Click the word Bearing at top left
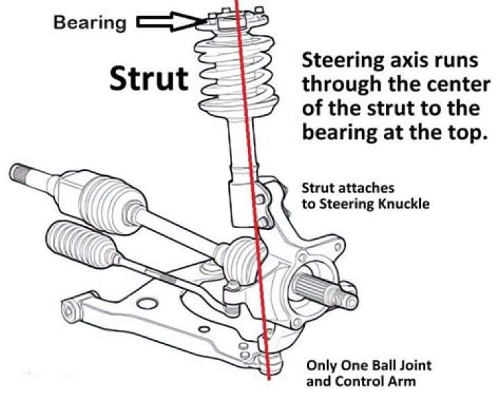[90, 23]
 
